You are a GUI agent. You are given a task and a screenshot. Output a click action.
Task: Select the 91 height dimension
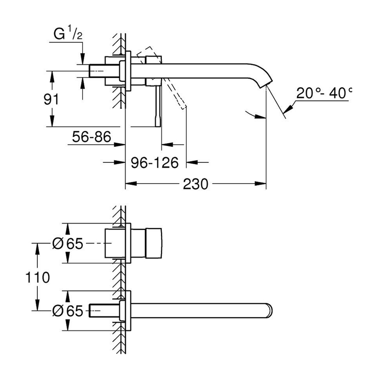click(52, 98)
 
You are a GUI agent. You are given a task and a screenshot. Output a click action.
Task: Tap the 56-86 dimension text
click(90, 137)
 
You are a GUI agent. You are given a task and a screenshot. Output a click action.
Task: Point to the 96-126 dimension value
click(155, 162)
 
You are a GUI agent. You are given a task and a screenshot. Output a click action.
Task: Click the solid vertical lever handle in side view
click(157, 106)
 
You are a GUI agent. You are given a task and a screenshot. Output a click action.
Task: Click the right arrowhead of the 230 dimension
click(262, 183)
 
